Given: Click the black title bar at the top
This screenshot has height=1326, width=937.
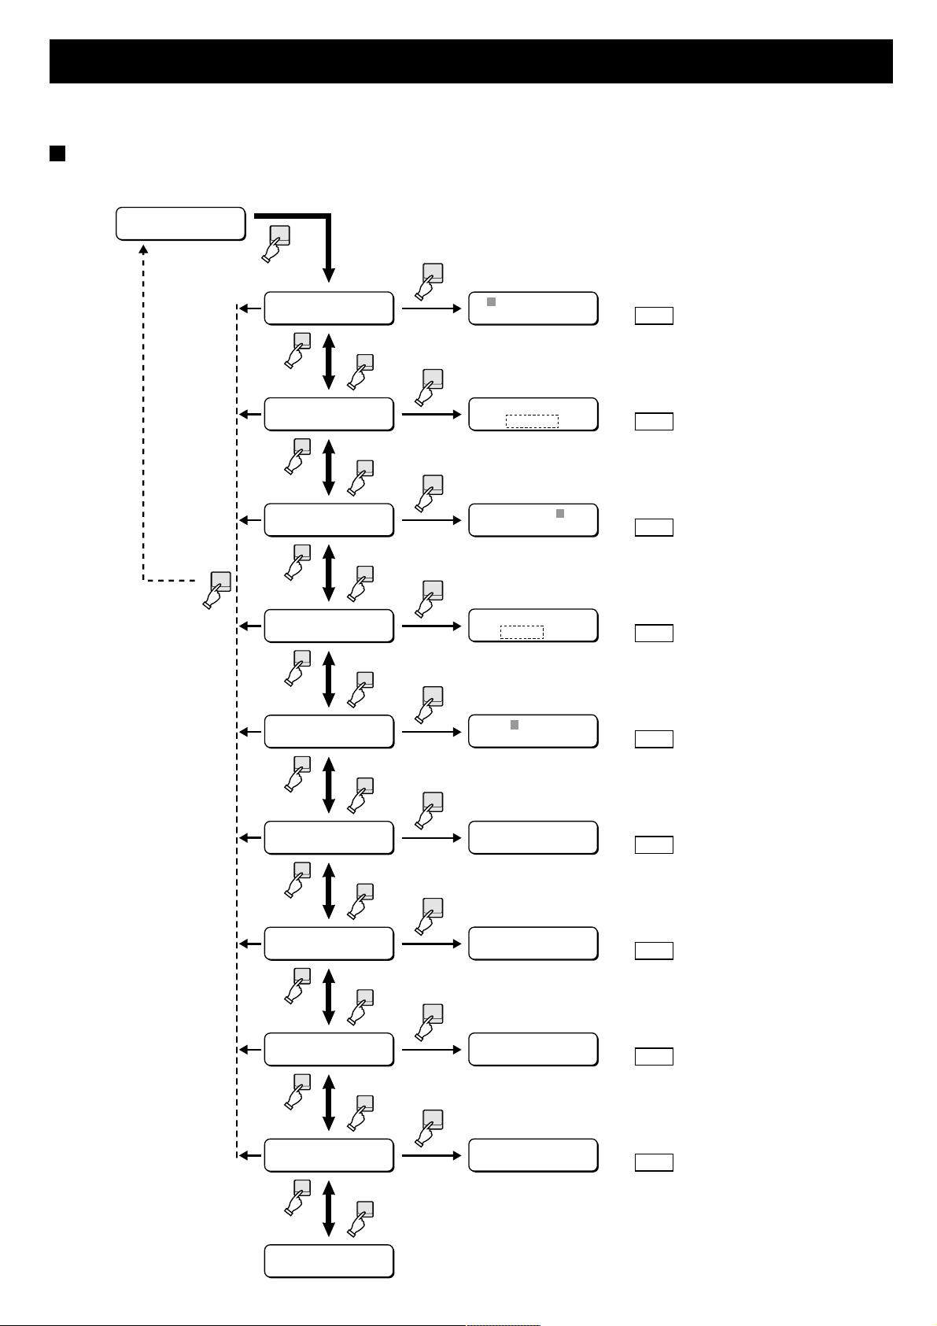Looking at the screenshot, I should pyautogui.click(x=470, y=61).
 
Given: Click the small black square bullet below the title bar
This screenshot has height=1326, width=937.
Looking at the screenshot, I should pyautogui.click(x=57, y=153).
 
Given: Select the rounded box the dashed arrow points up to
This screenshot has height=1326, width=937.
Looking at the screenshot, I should pyautogui.click(x=180, y=223).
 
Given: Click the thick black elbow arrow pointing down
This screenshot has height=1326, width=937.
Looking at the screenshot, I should pyautogui.click(x=328, y=244).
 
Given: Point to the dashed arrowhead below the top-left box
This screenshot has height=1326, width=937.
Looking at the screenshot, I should pyautogui.click(x=143, y=249).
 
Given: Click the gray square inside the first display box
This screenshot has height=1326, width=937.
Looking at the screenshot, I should pyautogui.click(x=492, y=301).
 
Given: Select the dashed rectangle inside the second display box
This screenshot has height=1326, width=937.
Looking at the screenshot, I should pyautogui.click(x=532, y=421).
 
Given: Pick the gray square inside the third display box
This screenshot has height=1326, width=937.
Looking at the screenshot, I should pyautogui.click(x=560, y=513).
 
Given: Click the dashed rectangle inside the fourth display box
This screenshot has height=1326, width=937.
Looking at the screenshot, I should pyautogui.click(x=522, y=632).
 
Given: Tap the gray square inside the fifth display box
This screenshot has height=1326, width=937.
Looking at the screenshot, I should pyautogui.click(x=515, y=725).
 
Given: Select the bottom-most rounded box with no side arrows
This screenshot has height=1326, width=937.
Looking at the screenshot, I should pyautogui.click(x=329, y=1261).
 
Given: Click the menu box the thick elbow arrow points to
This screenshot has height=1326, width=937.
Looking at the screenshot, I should pyautogui.click(x=329, y=308).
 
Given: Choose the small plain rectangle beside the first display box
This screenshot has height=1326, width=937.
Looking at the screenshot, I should pyautogui.click(x=654, y=316).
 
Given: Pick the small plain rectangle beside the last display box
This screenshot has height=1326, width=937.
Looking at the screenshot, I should pyautogui.click(x=654, y=1162).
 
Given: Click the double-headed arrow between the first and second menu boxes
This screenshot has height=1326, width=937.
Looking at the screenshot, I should pyautogui.click(x=329, y=361).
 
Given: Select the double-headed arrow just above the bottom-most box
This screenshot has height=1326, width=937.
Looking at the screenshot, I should pyautogui.click(x=329, y=1208).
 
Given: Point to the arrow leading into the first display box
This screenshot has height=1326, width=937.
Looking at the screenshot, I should pyautogui.click(x=432, y=308).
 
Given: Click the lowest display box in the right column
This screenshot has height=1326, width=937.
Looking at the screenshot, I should pyautogui.click(x=533, y=1155).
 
